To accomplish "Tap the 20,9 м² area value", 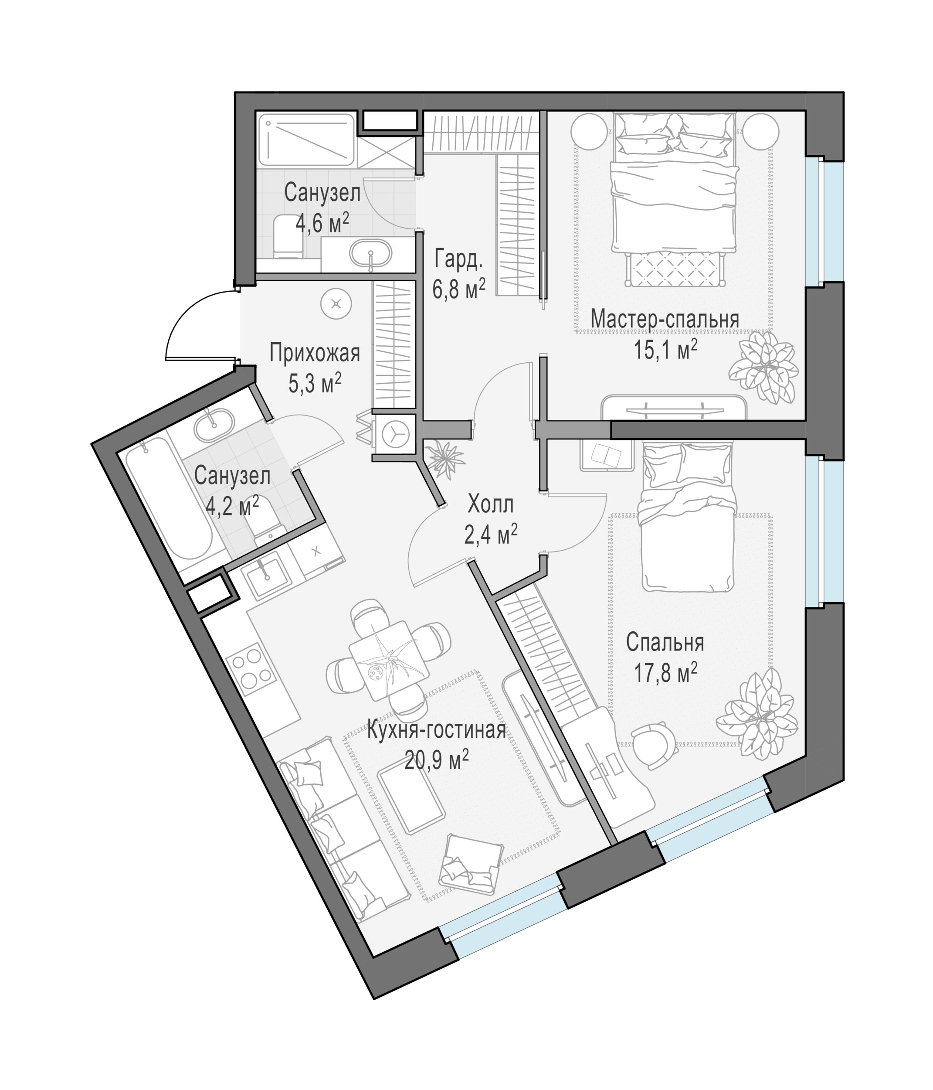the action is (x=437, y=759).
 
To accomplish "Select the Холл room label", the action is (x=490, y=504).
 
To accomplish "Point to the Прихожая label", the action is (x=315, y=354).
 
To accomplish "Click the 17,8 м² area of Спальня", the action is (x=665, y=673).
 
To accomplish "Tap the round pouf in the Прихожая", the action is (x=336, y=304).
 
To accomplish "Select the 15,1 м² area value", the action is (x=665, y=349).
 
